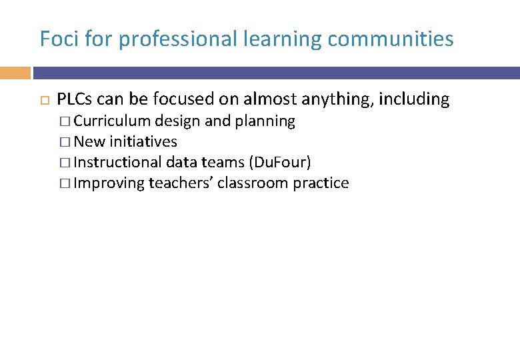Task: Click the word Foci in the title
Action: pyautogui.click(x=55, y=39)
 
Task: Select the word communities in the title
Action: pyautogui.click(x=391, y=39)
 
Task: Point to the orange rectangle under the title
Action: pyautogui.click(x=15, y=73)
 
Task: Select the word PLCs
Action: pyautogui.click(x=75, y=100)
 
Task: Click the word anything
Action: pyautogui.click(x=338, y=100)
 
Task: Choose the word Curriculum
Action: pyautogui.click(x=112, y=121)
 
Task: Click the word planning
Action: pyautogui.click(x=265, y=121)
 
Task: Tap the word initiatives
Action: pyautogui.click(x=143, y=142)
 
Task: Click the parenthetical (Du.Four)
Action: pyautogui.click(x=279, y=163)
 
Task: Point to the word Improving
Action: pyautogui.click(x=109, y=183)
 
